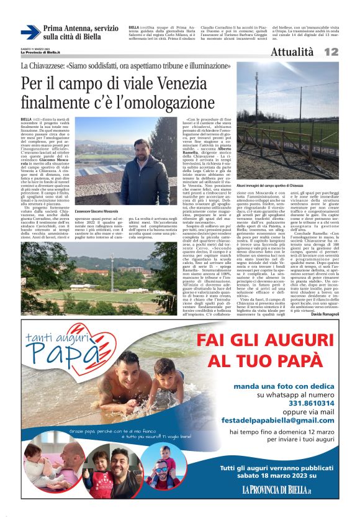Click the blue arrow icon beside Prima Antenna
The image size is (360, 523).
pos(30,32)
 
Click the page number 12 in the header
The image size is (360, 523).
pos(331,53)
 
